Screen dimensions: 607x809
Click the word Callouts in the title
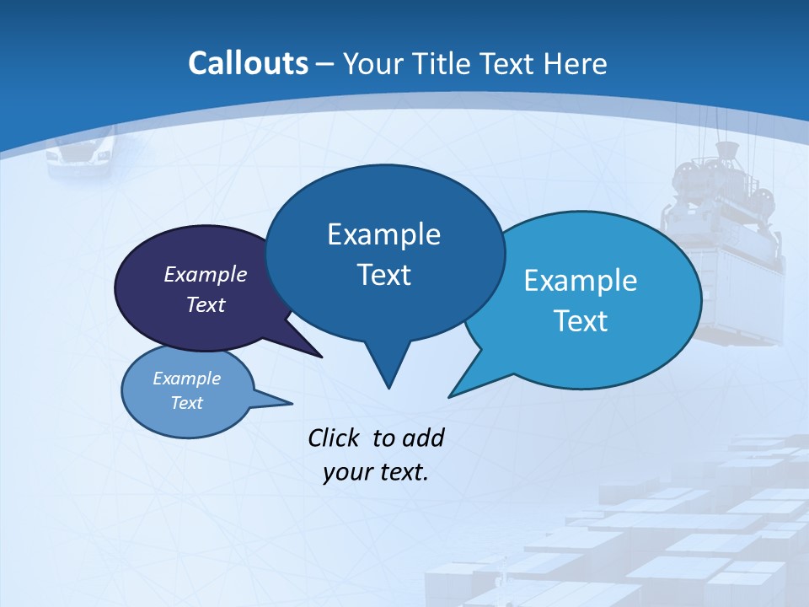coord(248,63)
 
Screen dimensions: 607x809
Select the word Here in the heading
coord(575,63)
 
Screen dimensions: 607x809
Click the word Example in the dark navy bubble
coord(206,274)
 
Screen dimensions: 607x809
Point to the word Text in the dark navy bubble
coord(206,304)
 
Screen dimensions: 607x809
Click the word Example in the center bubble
coord(383,234)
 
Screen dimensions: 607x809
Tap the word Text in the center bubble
coord(383,275)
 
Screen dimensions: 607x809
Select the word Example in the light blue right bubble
coord(581,281)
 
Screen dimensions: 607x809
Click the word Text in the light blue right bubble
coord(581,321)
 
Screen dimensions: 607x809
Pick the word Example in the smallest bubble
coord(187,379)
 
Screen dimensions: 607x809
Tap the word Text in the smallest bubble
coord(187,403)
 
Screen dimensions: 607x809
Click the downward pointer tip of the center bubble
coord(388,387)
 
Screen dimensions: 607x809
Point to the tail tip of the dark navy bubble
coord(321,356)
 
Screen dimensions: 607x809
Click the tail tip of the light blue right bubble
coord(450,395)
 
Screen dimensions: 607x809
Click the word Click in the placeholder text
coord(335,438)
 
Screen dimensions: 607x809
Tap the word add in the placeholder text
coord(423,438)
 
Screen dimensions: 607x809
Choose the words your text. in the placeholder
coord(376,472)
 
